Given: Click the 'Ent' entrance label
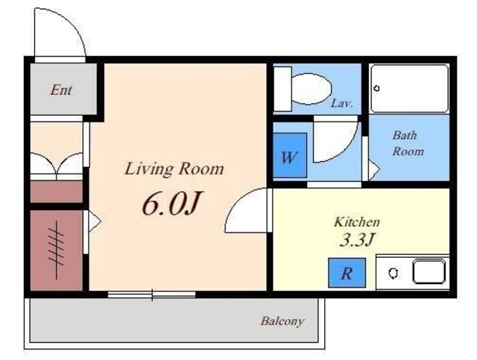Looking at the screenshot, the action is pyautogui.click(x=61, y=90).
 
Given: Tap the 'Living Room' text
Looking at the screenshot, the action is pyautogui.click(x=174, y=168).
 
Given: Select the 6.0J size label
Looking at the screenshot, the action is pyautogui.click(x=172, y=203).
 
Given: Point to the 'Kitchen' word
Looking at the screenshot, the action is pyautogui.click(x=357, y=222).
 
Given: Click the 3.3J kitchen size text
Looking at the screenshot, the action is pyautogui.click(x=356, y=240).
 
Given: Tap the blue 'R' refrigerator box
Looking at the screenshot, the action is pyautogui.click(x=347, y=273).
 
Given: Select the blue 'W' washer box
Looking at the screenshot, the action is pyautogui.click(x=290, y=155).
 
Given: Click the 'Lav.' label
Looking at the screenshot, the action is pyautogui.click(x=341, y=104).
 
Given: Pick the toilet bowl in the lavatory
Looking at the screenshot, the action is pyautogui.click(x=311, y=89).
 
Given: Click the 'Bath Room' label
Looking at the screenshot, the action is pyautogui.click(x=407, y=143).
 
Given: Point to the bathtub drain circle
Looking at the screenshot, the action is pyautogui.click(x=376, y=89).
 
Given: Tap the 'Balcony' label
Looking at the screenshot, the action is pyautogui.click(x=282, y=321).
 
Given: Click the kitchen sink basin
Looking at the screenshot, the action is pyautogui.click(x=429, y=272).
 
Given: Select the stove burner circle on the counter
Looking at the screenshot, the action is pyautogui.click(x=393, y=274).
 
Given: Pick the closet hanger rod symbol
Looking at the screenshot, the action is pyautogui.click(x=57, y=250).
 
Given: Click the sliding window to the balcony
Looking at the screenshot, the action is pyautogui.click(x=152, y=294).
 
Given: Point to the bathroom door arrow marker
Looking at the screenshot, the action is pyautogui.click(x=374, y=168).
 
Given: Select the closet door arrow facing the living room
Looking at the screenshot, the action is pyautogui.click(x=95, y=221).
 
